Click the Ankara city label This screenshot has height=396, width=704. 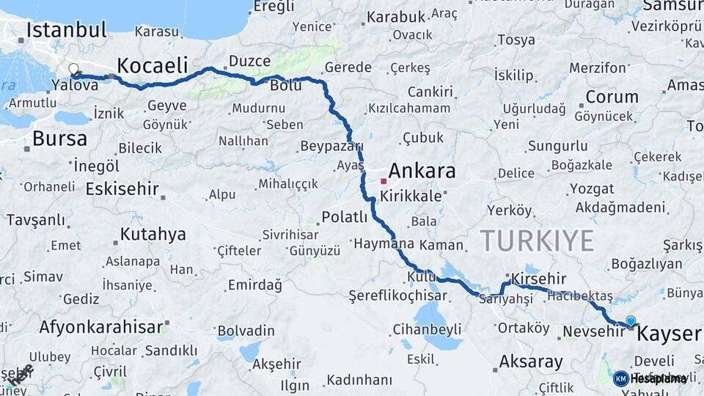pos(422,172)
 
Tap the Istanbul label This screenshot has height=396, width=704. pos(67,30)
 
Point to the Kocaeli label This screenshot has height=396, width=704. pos(153,65)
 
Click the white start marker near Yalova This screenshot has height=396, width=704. pos(73,70)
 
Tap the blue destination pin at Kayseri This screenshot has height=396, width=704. pos(631,320)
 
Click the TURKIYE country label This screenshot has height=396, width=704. pos(537,241)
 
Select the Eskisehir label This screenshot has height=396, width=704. pos(122,189)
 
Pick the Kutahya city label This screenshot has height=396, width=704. pos(153,235)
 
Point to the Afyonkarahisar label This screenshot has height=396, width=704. pos(100,327)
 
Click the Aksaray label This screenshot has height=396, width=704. pos(531,362)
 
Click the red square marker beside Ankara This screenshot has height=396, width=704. pos(383,180)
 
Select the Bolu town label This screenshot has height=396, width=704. pos(286,86)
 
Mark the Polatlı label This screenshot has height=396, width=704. pos(344,216)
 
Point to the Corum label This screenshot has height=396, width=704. pos(612,97)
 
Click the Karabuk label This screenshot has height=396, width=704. pos(396,17)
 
